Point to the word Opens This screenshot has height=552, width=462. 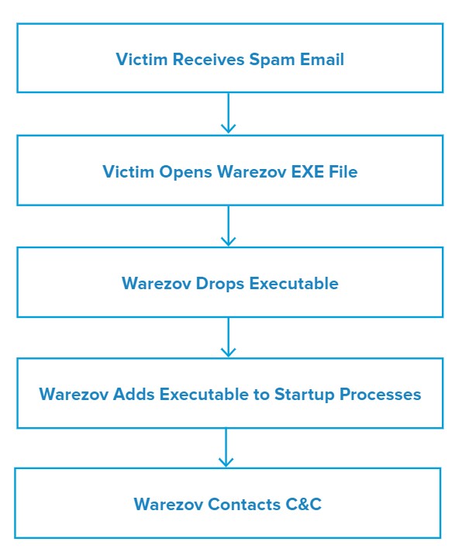[185, 172]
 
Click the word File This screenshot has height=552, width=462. [343, 172]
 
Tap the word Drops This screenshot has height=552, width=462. [219, 284]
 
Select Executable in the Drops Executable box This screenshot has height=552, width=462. [294, 284]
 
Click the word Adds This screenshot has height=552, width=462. [133, 395]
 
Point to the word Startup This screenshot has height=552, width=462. [304, 395]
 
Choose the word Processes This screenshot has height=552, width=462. [381, 395]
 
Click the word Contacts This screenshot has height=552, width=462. [244, 504]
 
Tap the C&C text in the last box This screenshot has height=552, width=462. [303, 504]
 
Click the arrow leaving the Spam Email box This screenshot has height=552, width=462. [229, 112]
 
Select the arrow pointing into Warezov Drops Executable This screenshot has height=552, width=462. [229, 226]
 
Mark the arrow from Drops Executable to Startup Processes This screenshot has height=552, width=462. [229, 337]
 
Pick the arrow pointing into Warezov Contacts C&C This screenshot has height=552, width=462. [226, 447]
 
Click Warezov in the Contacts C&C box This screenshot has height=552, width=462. [168, 504]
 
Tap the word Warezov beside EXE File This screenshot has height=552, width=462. [252, 172]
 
